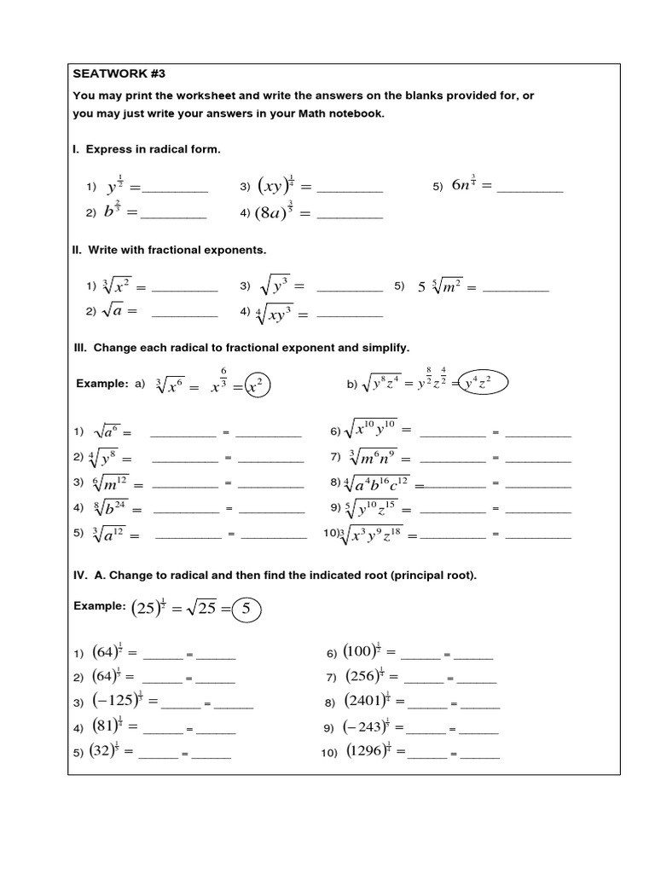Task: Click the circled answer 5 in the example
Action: tap(246, 610)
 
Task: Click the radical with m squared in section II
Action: tap(439, 287)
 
